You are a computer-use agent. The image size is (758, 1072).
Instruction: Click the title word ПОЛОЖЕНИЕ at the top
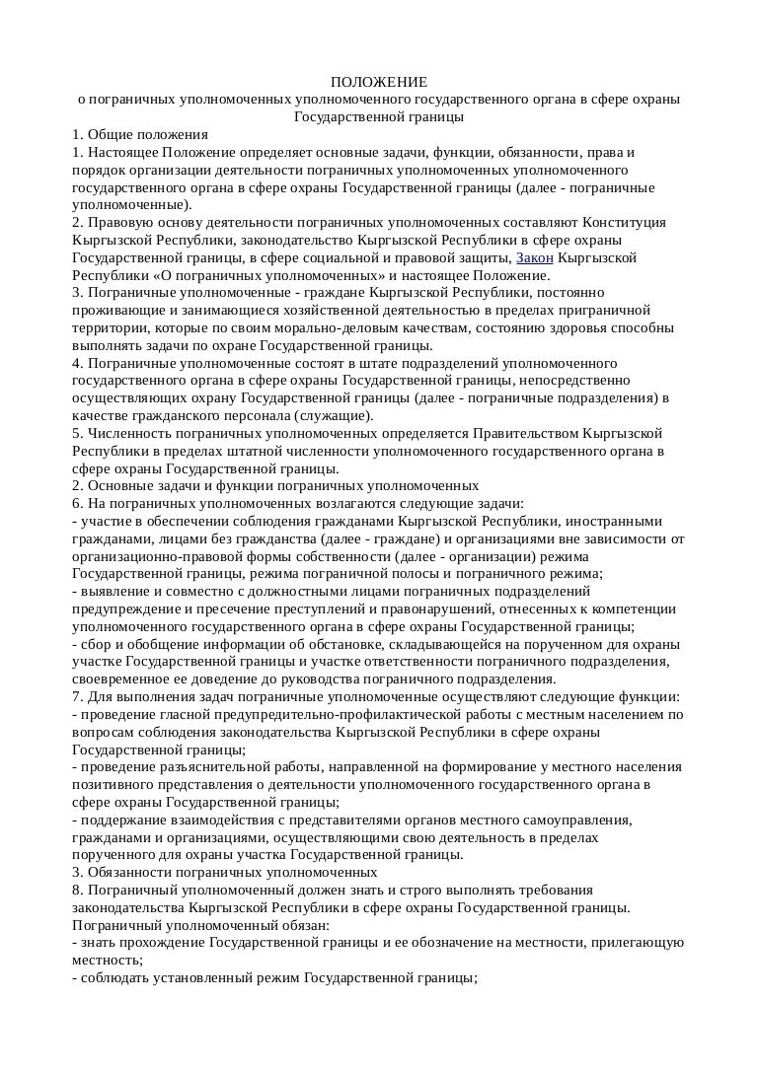pyautogui.click(x=379, y=82)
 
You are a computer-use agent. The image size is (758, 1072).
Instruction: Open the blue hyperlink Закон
pyautogui.click(x=535, y=258)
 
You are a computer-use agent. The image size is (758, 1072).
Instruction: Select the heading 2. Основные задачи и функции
pyautogui.click(x=275, y=485)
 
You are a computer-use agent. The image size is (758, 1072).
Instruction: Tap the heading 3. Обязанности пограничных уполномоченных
pyautogui.click(x=225, y=872)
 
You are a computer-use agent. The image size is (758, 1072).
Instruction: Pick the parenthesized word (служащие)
pyautogui.click(x=323, y=415)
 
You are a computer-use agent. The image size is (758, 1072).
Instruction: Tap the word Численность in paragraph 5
pyautogui.click(x=125, y=433)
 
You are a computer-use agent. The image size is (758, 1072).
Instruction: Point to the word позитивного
pyautogui.click(x=116, y=784)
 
